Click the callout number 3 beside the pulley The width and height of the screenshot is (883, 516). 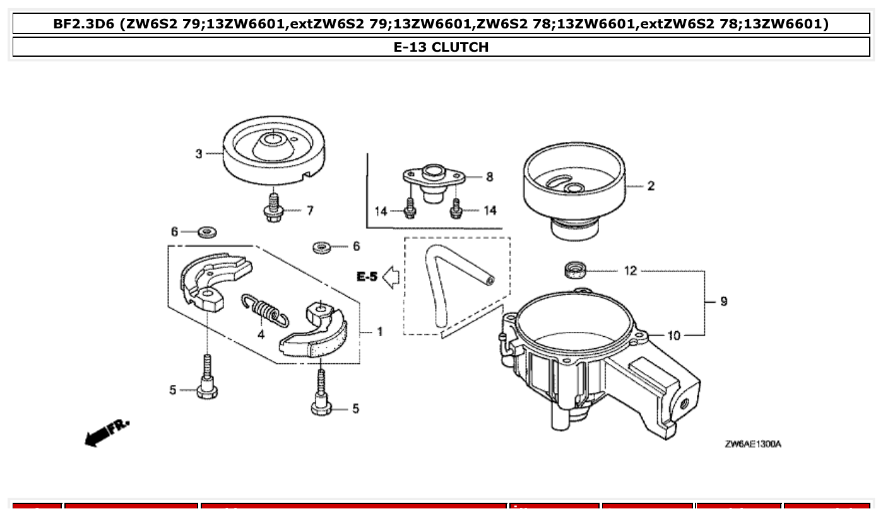(x=198, y=154)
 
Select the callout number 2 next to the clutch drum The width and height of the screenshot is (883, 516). (x=651, y=185)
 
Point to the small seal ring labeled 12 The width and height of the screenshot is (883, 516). (x=574, y=270)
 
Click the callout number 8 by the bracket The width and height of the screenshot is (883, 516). (x=489, y=177)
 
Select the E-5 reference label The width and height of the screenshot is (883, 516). (x=367, y=276)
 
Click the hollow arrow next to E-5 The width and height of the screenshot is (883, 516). (x=391, y=277)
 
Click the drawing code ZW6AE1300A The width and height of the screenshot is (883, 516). (x=752, y=444)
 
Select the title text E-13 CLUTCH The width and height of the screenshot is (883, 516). (x=441, y=47)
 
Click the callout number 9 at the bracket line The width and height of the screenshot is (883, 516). (x=723, y=302)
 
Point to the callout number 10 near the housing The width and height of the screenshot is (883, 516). (x=673, y=335)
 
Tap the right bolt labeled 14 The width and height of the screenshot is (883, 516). (x=456, y=208)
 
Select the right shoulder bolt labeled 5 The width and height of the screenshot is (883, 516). (x=321, y=397)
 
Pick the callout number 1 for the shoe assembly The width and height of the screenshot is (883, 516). (x=379, y=331)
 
